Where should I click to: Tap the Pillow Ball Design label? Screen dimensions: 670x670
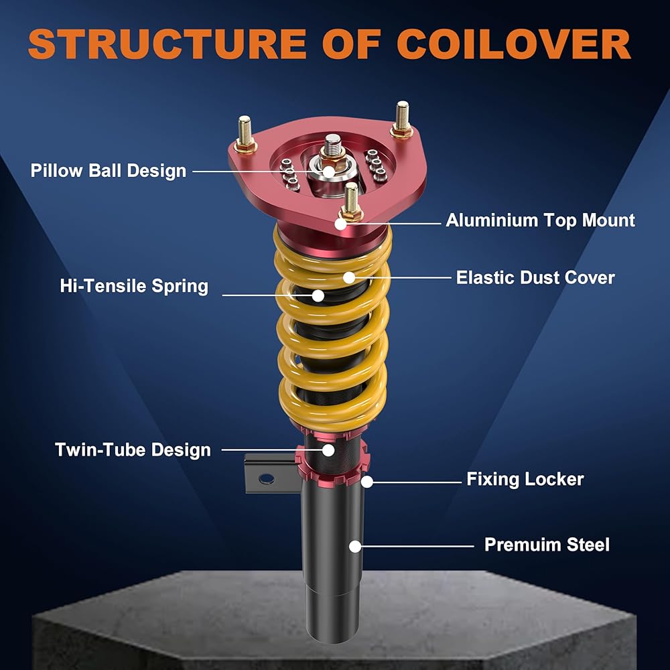tap(108, 170)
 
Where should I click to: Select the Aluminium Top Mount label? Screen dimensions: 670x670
tap(540, 220)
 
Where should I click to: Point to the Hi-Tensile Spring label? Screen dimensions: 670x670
tap(134, 286)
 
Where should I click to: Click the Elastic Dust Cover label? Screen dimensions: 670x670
tap(535, 277)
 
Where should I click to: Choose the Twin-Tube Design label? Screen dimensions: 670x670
tap(133, 450)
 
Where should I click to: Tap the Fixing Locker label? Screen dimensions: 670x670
tap(525, 479)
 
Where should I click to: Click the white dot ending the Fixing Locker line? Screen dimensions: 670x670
tap(366, 480)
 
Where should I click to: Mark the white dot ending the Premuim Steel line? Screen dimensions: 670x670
tap(355, 546)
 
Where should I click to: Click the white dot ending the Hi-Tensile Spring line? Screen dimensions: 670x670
tap(318, 294)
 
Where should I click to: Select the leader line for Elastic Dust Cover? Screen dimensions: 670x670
tap(402, 277)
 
